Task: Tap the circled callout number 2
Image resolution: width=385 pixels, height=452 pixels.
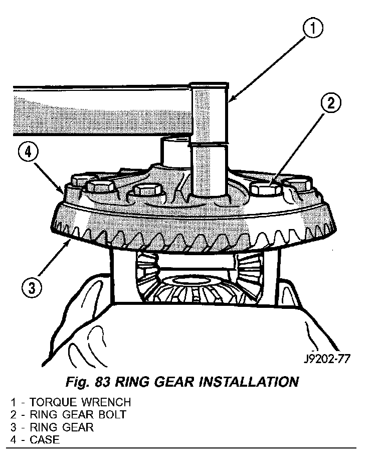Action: click(x=329, y=104)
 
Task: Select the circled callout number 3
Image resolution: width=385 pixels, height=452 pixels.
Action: click(x=31, y=288)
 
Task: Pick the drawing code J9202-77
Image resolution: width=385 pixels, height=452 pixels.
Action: click(x=326, y=360)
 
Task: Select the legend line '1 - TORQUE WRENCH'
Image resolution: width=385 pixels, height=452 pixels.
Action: click(x=70, y=402)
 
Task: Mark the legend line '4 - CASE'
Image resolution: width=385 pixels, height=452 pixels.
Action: click(x=35, y=440)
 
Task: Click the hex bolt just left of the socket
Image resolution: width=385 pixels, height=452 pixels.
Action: click(x=147, y=191)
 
